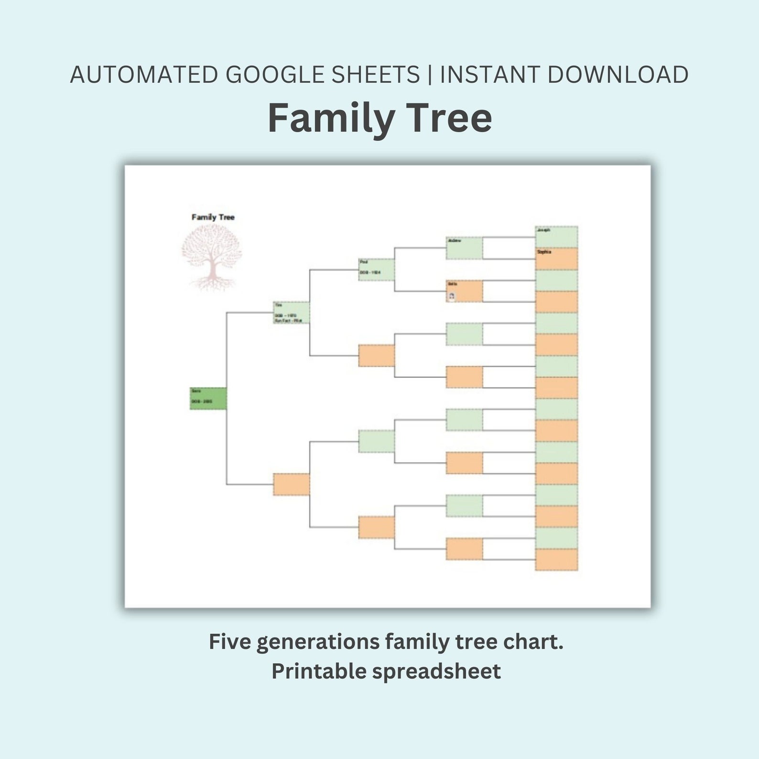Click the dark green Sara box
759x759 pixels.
pos(208,399)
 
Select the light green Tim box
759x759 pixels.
pos(291,313)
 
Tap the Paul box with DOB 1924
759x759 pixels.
pos(376,270)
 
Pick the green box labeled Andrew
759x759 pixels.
pos(464,248)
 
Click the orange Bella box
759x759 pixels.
pos(464,291)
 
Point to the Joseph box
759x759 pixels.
pos(556,237)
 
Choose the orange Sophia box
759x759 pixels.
pos(556,259)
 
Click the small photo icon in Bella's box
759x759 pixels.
pos(452,296)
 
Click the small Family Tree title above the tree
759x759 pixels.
pos(213,217)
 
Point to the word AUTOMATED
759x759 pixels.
pos(144,75)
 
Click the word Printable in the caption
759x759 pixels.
pos(318,671)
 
